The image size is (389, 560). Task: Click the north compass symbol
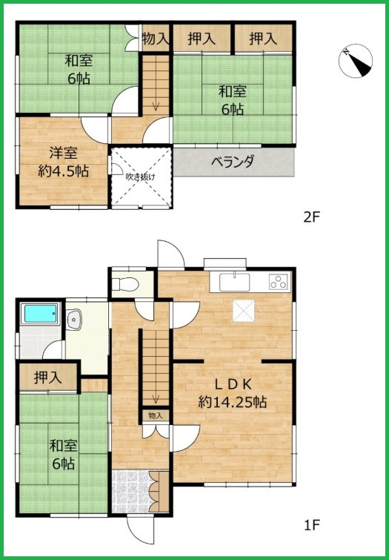[356, 61]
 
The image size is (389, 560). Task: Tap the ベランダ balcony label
[233, 162]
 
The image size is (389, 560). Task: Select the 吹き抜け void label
[140, 177]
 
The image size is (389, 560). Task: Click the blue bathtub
[40, 313]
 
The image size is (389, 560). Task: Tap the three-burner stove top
[279, 281]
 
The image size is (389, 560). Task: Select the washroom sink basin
[74, 319]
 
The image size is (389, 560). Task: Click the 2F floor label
[311, 217]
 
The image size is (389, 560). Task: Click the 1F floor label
[311, 524]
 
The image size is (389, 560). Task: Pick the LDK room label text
[233, 385]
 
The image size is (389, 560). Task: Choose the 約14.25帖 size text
[233, 403]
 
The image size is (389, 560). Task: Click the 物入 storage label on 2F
[156, 38]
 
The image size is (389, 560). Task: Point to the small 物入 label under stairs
[156, 415]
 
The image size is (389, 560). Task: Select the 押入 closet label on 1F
[48, 377]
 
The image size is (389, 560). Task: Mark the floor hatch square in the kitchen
[244, 311]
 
